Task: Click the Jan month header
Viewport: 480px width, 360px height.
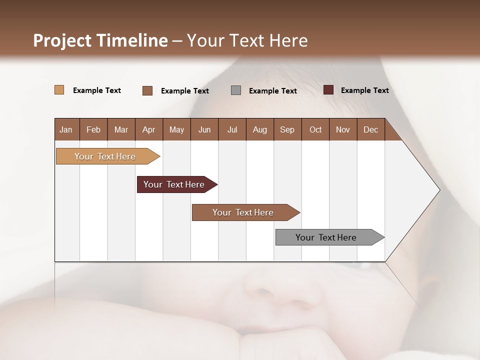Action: coord(66,129)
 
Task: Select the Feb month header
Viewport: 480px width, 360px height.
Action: coord(93,129)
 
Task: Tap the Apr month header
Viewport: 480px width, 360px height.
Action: coord(148,129)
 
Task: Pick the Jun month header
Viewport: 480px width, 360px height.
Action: coord(204,129)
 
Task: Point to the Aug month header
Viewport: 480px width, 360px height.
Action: coord(259,129)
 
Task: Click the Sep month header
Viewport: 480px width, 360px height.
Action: coord(287,129)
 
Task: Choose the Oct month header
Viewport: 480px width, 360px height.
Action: coord(315,129)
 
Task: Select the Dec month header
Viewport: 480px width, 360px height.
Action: coord(370,129)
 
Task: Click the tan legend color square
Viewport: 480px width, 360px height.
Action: coord(59,90)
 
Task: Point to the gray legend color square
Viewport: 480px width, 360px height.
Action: coord(236,90)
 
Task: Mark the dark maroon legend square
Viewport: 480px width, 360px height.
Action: coord(328,90)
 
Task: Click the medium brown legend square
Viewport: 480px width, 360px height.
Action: coord(147,90)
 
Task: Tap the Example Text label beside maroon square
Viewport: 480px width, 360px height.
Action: coord(364,90)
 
